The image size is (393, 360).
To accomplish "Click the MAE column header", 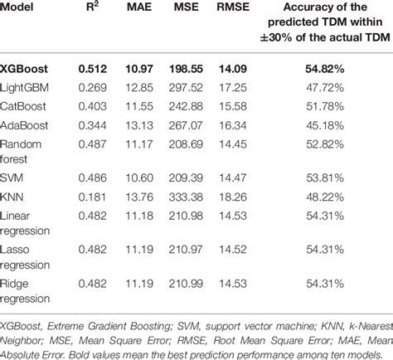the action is (139, 7).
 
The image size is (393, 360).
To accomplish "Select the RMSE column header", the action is (233, 7).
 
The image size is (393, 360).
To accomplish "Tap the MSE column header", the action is (186, 7).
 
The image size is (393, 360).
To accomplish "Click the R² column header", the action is (92, 7).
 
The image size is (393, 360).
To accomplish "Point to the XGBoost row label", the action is (24, 69).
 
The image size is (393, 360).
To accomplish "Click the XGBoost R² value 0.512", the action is (92, 69).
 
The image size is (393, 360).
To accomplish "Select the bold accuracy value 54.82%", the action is (325, 69).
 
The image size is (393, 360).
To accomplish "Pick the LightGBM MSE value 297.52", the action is (186, 88).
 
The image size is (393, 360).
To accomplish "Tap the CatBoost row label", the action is (23, 106).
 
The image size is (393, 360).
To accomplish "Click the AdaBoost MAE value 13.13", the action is (139, 125).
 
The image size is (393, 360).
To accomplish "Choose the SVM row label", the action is (12, 178).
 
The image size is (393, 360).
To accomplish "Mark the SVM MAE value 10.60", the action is (139, 178).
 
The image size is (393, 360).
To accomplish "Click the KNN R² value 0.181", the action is (92, 197).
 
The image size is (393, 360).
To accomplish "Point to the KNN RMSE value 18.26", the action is (233, 197).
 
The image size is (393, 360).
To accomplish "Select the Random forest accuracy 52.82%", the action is (325, 144).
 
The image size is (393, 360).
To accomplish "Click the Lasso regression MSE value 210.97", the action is (186, 250).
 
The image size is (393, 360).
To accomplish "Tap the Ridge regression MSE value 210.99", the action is (186, 284).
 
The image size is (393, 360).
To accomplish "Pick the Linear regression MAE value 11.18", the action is (139, 216).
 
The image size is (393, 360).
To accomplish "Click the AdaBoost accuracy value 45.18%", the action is (325, 125).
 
